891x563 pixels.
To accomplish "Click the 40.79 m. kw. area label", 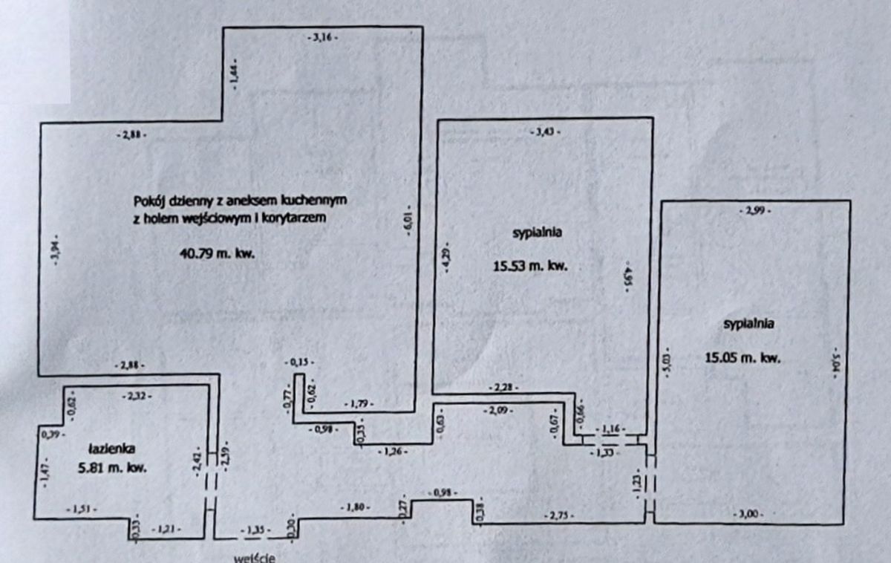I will point(218,253).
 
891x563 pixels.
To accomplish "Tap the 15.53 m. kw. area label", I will point(530,266).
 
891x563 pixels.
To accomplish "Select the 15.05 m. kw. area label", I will point(742,358).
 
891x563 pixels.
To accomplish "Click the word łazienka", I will point(111,448).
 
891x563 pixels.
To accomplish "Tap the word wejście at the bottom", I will point(255,557).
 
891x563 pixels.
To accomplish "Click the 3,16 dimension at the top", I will point(322,37).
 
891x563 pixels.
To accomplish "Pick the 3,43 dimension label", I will point(545,131).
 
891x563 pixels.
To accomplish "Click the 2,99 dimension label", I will point(755,211).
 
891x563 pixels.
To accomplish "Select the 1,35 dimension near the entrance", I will point(253,530).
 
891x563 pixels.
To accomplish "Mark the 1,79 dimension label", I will point(359,404).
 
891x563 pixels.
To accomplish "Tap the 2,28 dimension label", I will point(503,386).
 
